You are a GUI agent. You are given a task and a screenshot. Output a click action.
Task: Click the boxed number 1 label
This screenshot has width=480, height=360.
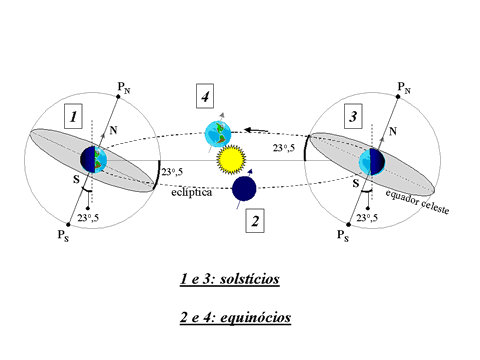pos(73,117)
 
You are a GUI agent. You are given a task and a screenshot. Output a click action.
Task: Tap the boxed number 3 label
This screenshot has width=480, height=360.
pos(353,117)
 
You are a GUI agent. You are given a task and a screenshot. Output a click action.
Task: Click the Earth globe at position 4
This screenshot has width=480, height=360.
pos(217,132)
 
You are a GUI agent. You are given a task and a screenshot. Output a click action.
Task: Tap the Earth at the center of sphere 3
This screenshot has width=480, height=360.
pos(371,160)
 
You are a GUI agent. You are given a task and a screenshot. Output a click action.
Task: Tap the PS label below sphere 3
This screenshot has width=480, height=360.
pos(343,239)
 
